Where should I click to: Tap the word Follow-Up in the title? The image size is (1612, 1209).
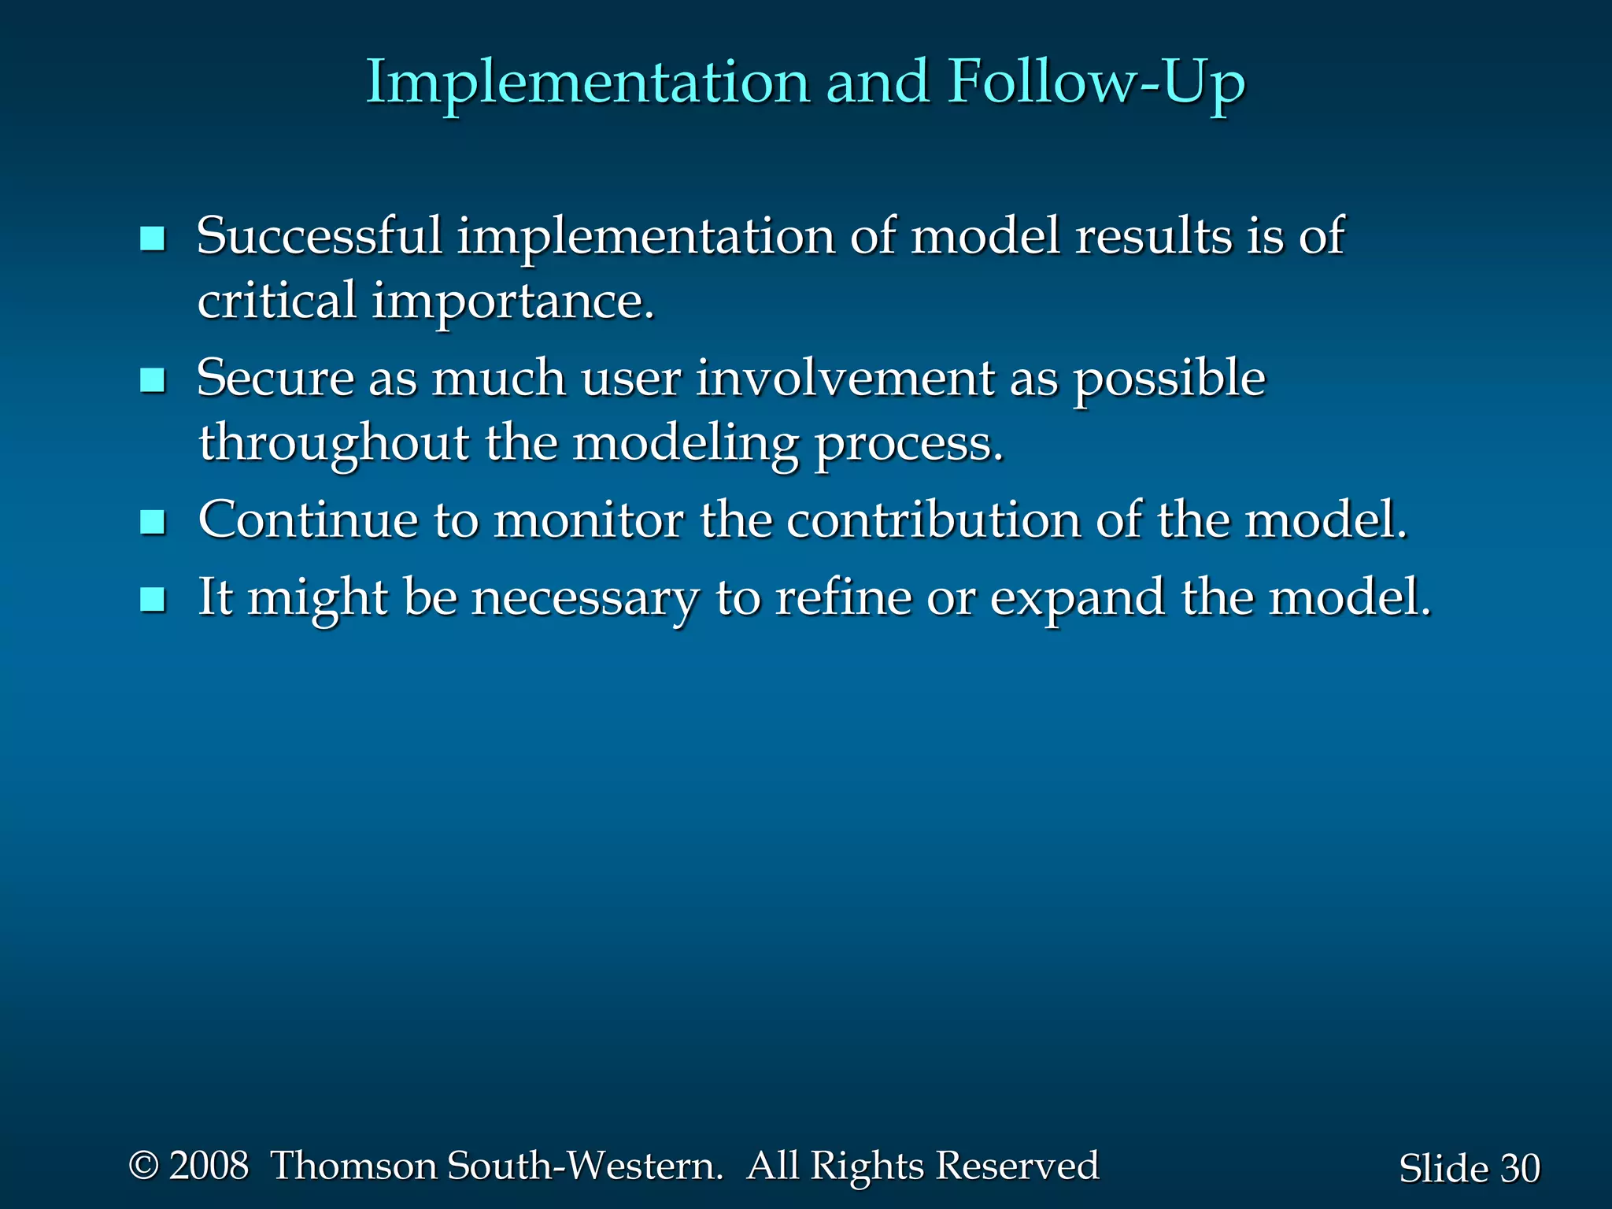pos(1096,83)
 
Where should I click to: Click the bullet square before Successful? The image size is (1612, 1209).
pos(152,238)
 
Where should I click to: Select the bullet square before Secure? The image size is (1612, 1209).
pos(152,381)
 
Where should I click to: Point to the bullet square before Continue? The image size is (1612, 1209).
pos(152,522)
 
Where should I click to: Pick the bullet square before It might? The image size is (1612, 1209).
pos(152,600)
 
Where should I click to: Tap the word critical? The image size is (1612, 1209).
pos(276,301)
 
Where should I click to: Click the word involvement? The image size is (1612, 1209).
pos(845,379)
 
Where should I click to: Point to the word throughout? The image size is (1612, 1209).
pos(333,444)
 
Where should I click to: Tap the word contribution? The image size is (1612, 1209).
pos(934,520)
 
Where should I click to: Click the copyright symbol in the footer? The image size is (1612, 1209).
pos(144,1166)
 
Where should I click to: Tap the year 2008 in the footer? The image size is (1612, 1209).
pos(209,1166)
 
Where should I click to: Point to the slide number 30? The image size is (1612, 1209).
pos(1519,1168)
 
